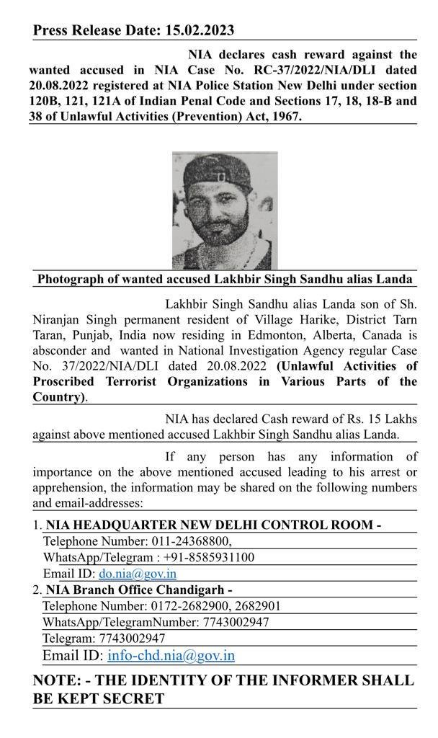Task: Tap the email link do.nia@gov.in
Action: (x=138, y=574)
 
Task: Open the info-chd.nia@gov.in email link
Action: (x=171, y=655)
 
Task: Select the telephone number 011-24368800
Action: (x=191, y=541)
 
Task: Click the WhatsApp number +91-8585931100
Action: (x=209, y=557)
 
